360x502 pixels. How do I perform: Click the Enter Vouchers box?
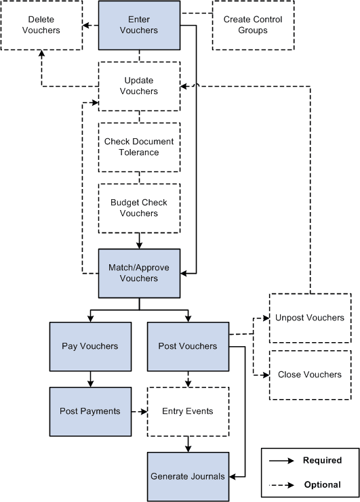(x=139, y=25)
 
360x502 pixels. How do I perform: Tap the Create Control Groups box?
(x=254, y=25)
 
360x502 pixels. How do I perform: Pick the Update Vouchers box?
(x=139, y=86)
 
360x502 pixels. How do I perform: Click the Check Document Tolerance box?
(x=139, y=147)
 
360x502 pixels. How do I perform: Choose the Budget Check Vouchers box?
(x=139, y=208)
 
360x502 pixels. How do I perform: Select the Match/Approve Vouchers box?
(x=139, y=273)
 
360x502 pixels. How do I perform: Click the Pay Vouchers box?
(x=89, y=346)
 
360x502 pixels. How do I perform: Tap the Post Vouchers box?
(x=188, y=346)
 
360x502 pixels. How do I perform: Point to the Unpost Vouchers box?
(x=310, y=318)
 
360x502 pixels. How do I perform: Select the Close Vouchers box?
(x=310, y=375)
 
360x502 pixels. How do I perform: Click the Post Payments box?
(x=89, y=411)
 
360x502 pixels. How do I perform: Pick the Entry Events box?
(x=188, y=411)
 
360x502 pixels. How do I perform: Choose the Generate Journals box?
(x=188, y=476)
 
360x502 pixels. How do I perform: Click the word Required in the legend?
(x=323, y=461)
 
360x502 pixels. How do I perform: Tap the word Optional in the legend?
(x=323, y=484)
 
